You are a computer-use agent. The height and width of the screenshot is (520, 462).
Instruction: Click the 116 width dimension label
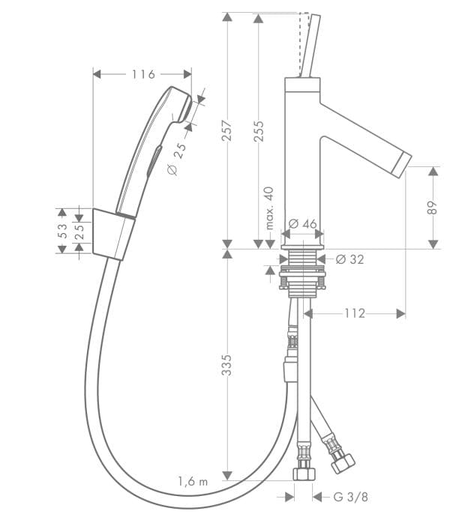coord(142,74)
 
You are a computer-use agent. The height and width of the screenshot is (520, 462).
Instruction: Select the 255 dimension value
coord(259,131)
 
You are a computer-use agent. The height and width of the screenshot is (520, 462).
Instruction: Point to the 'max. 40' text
coord(270,208)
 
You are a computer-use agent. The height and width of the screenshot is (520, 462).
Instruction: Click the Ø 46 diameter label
coord(303,223)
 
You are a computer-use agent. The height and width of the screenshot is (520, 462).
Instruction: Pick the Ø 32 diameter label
coord(349,259)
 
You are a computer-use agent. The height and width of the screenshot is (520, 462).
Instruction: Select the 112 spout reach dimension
coord(355,313)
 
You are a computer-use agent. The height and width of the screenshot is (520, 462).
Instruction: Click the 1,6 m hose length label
coord(192,481)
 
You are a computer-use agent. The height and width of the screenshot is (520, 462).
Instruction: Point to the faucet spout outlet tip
coord(402,160)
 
